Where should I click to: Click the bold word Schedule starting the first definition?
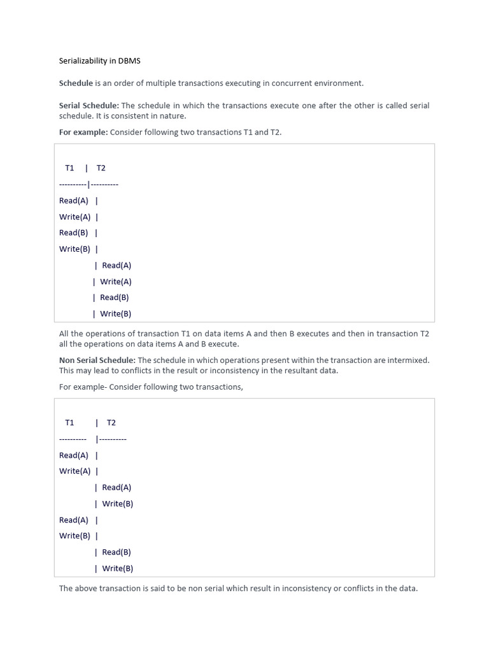click(x=76, y=83)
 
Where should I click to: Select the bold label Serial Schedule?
click(x=89, y=106)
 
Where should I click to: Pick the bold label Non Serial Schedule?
click(x=97, y=360)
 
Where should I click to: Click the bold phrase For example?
click(x=83, y=132)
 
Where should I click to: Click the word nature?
click(x=173, y=116)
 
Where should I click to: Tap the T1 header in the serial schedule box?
click(x=69, y=168)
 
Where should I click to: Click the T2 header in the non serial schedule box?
click(x=111, y=423)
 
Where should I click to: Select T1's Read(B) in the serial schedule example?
click(x=73, y=233)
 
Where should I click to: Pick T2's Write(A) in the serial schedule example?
click(x=116, y=282)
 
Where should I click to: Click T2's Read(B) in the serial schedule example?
click(x=115, y=298)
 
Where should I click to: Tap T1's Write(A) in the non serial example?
click(x=74, y=471)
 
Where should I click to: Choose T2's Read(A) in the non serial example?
click(x=117, y=488)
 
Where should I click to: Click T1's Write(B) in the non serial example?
click(x=74, y=536)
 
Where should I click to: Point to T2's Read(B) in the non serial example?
click(x=117, y=552)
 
